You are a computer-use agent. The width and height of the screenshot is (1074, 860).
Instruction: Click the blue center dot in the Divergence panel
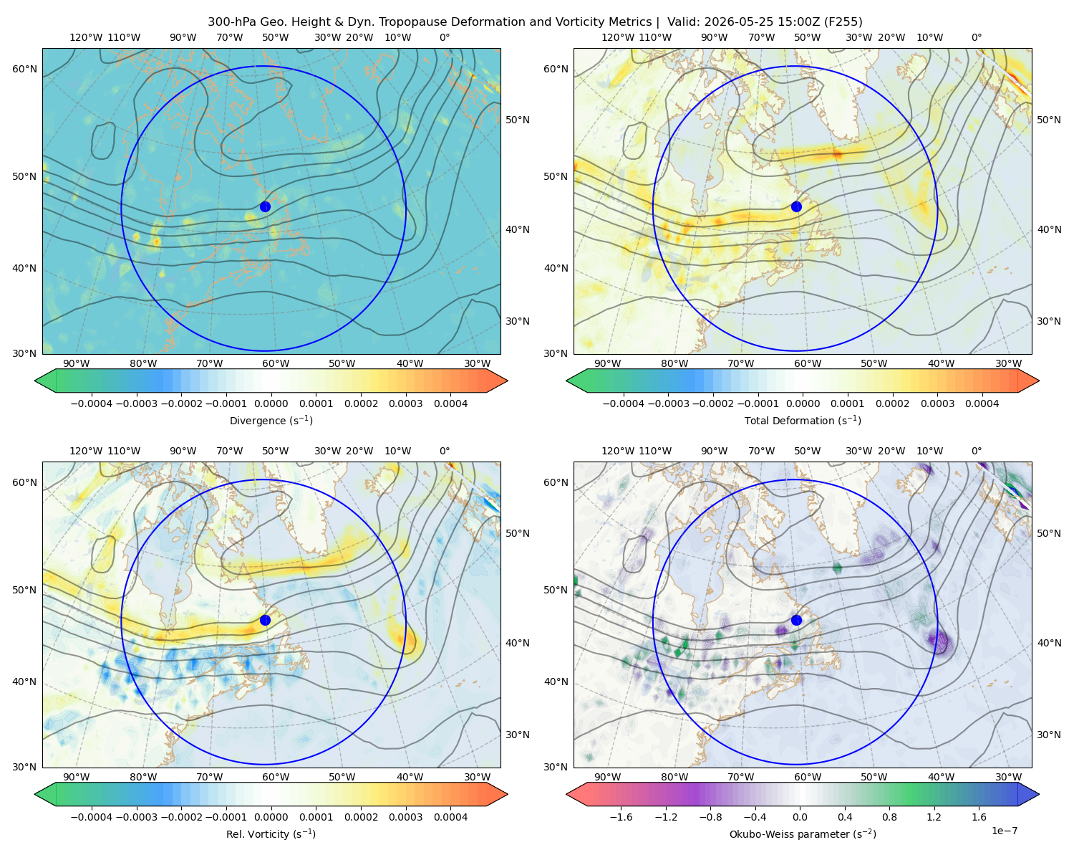pyautogui.click(x=265, y=206)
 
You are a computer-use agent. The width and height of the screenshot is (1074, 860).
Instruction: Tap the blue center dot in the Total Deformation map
pyautogui.click(x=796, y=206)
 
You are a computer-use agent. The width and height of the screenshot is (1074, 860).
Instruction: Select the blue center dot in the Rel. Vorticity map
pyautogui.click(x=265, y=620)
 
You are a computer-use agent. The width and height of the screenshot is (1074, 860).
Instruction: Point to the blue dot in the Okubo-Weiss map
pyautogui.click(x=796, y=620)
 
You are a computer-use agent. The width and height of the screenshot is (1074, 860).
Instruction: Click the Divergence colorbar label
pyautogui.click(x=271, y=420)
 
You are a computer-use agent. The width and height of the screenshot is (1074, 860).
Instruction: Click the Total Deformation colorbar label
pyautogui.click(x=803, y=420)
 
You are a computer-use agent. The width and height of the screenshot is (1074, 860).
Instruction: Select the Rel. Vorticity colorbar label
pyautogui.click(x=271, y=833)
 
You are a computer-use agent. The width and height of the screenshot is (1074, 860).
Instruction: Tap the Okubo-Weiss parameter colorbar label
pyautogui.click(x=803, y=833)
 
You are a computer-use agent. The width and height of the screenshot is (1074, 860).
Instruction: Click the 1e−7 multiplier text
pyautogui.click(x=1004, y=831)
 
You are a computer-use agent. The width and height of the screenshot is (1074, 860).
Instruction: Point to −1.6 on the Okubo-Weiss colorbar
pyautogui.click(x=621, y=816)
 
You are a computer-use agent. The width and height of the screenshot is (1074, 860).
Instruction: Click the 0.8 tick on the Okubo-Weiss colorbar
pyautogui.click(x=889, y=816)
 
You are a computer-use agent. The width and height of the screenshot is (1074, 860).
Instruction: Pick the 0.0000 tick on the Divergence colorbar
pyautogui.click(x=271, y=403)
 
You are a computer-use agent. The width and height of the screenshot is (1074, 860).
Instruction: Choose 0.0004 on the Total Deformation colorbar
pyautogui.click(x=982, y=403)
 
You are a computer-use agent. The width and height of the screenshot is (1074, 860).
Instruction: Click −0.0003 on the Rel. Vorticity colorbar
pyautogui.click(x=136, y=816)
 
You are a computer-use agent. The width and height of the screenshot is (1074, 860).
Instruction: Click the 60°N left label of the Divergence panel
pyautogui.click(x=24, y=69)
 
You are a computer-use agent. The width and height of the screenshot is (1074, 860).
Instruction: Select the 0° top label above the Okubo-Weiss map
pyautogui.click(x=976, y=450)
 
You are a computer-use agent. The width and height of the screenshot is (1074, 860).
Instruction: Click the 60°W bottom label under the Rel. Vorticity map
pyautogui.click(x=276, y=777)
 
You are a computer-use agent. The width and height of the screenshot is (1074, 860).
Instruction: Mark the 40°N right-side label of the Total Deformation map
pyautogui.click(x=1049, y=229)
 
